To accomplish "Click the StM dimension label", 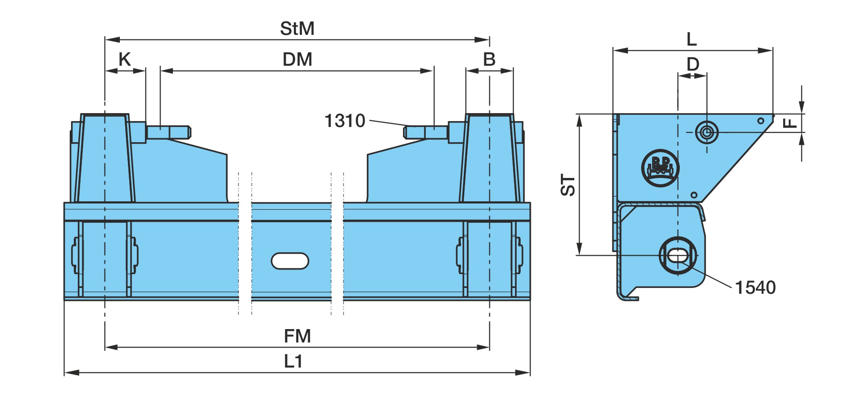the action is point(297,29).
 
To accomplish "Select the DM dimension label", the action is point(297,59).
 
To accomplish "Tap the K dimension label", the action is point(124,59).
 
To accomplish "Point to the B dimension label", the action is point(489,59).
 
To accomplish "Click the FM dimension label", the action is point(297,336).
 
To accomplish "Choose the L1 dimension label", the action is point(293,361).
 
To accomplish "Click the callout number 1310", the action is point(344,121).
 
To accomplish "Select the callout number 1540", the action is point(755,288).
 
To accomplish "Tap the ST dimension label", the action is point(568,185).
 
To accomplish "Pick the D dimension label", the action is point(693,64).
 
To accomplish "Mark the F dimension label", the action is point(790,123).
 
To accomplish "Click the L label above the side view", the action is point(691,39).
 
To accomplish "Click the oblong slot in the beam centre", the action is point(290,261).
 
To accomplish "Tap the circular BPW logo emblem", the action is point(660,168).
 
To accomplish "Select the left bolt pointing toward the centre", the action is point(169,132).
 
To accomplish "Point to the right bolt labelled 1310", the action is point(426,132).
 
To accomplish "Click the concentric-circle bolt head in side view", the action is point(707,132).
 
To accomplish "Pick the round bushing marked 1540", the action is point(678,256).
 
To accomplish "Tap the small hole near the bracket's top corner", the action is point(760,121).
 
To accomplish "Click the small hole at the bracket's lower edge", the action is point(694,195).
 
